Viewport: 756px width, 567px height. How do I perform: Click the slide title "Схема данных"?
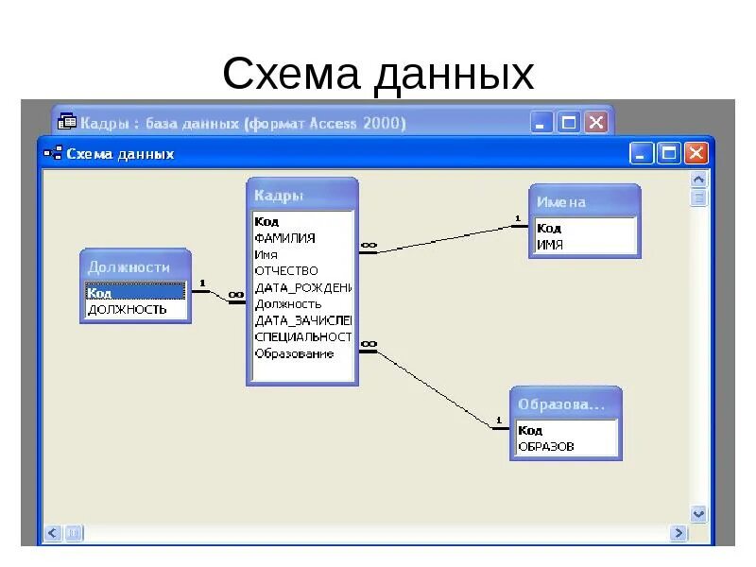pos(378,74)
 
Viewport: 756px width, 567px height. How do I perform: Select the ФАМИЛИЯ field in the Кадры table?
pos(284,238)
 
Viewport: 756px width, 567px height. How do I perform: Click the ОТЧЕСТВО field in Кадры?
pos(286,271)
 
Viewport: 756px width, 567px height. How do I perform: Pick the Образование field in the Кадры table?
pos(294,353)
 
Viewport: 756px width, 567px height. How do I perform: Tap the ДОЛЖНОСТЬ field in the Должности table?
pos(127,309)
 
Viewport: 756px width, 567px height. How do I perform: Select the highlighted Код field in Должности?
pos(132,292)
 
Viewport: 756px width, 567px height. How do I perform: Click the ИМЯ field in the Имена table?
pos(550,244)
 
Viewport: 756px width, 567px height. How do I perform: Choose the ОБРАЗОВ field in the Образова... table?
pos(546,446)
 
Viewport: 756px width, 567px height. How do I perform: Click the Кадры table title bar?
pos(301,195)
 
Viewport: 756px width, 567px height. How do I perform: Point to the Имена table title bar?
pos(583,201)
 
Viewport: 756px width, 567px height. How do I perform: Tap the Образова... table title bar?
pos(565,404)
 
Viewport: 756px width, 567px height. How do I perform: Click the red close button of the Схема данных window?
pos(696,153)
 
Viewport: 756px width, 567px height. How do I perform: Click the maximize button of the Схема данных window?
pos(669,153)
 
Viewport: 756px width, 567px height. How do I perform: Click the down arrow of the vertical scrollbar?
pos(698,514)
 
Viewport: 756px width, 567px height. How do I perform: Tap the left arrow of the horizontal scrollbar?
pos(52,533)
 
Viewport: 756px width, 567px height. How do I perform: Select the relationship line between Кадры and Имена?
pos(439,238)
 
